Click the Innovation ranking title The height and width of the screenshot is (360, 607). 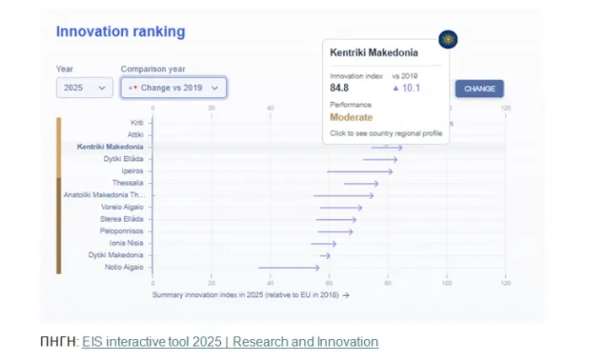click(x=121, y=32)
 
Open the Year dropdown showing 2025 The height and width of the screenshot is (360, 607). click(x=84, y=88)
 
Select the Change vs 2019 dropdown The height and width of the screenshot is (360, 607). click(x=173, y=88)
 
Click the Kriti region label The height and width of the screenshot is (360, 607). click(x=137, y=122)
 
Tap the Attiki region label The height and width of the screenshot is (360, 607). click(x=135, y=134)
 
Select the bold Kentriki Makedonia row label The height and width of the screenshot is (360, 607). click(x=110, y=147)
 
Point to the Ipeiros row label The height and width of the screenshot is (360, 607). click(x=132, y=170)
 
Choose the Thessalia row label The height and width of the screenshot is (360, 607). click(x=127, y=183)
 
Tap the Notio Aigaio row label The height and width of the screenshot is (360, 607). click(x=125, y=267)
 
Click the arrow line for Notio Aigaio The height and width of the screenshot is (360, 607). click(x=288, y=267)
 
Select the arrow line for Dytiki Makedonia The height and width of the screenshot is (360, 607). click(x=325, y=255)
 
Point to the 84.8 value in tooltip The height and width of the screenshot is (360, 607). click(x=340, y=88)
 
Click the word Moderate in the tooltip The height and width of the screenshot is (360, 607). click(x=351, y=117)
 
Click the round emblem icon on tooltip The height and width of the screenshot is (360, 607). click(x=448, y=40)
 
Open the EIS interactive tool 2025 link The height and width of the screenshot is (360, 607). click(x=230, y=341)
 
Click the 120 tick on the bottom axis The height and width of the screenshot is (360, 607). click(x=506, y=283)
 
